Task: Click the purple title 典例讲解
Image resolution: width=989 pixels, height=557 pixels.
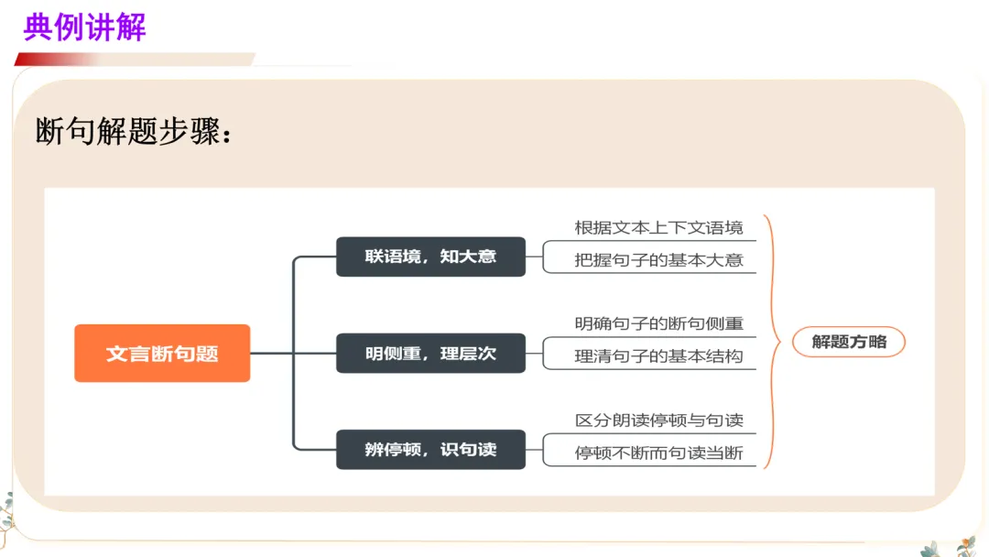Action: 84,27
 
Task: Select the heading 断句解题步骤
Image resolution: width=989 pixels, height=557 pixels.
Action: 134,131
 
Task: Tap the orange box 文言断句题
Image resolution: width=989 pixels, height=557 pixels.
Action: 162,354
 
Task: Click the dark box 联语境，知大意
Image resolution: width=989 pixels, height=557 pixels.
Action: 430,257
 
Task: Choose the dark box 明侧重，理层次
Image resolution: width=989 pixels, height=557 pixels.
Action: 430,354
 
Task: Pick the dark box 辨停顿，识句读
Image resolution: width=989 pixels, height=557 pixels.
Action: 430,450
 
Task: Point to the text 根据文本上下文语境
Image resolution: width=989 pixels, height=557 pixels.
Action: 658,227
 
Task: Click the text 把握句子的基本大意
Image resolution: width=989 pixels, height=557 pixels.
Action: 658,259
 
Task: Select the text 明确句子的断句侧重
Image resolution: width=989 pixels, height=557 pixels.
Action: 658,323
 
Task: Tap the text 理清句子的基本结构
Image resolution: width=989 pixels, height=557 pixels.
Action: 658,356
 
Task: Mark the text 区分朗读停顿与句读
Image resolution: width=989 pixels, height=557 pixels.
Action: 658,420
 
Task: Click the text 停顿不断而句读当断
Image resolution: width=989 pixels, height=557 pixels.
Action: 658,453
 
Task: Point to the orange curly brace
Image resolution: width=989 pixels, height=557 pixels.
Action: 772,341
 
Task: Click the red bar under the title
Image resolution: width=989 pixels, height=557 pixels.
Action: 55,60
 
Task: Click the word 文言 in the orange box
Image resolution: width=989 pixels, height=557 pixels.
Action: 125,354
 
